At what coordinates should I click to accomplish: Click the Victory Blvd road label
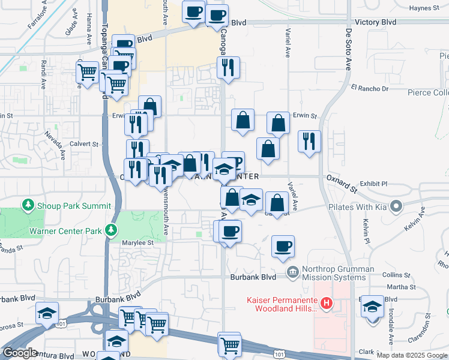point(376,22)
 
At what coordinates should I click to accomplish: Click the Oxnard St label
point(341,178)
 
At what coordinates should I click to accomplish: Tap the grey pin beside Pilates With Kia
point(396,207)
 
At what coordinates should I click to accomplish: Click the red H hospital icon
point(326,304)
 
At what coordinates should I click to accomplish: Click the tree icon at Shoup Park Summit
point(28,206)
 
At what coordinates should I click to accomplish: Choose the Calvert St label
point(83,144)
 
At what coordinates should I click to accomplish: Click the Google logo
point(20,353)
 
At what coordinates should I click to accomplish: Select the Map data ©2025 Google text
point(412,355)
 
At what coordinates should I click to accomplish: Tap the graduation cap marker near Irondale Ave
point(372,308)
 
